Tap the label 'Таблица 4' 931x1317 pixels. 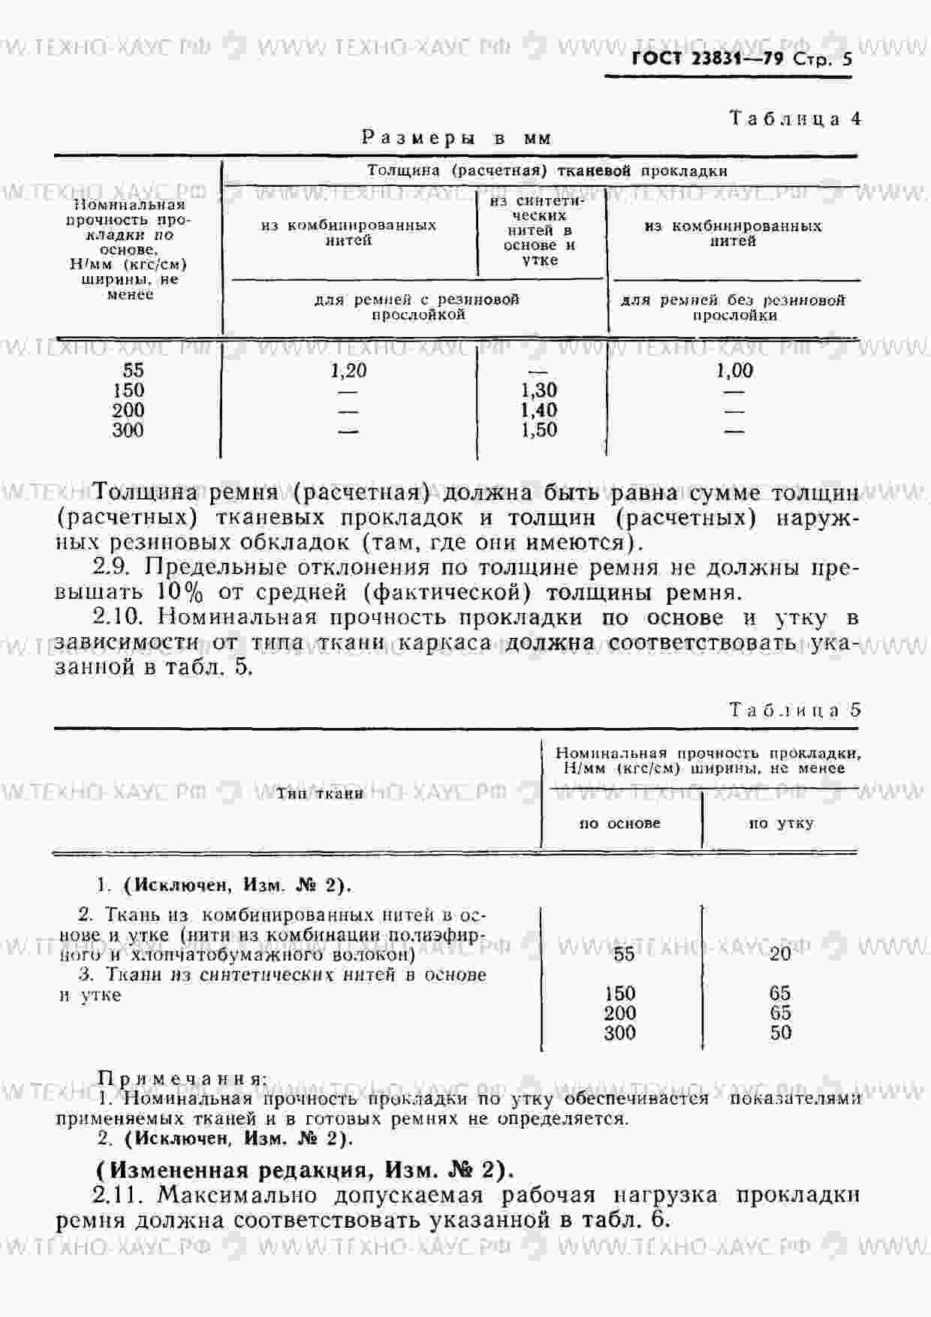point(795,119)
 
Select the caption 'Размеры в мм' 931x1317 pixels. point(456,138)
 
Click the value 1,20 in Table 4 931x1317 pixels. point(348,370)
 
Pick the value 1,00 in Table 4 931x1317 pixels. point(734,370)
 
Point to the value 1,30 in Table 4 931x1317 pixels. point(538,390)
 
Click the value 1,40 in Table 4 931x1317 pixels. point(538,410)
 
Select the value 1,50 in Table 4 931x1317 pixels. point(538,430)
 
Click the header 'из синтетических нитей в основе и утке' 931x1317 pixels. point(539,230)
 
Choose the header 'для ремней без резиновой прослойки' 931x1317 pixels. point(733,308)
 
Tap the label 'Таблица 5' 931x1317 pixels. point(795,710)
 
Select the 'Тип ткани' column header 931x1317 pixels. point(320,793)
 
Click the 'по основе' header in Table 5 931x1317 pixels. point(619,823)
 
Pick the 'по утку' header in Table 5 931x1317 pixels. point(781,823)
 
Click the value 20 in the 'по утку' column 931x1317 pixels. point(780,953)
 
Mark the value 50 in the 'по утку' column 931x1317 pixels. point(780,1033)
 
